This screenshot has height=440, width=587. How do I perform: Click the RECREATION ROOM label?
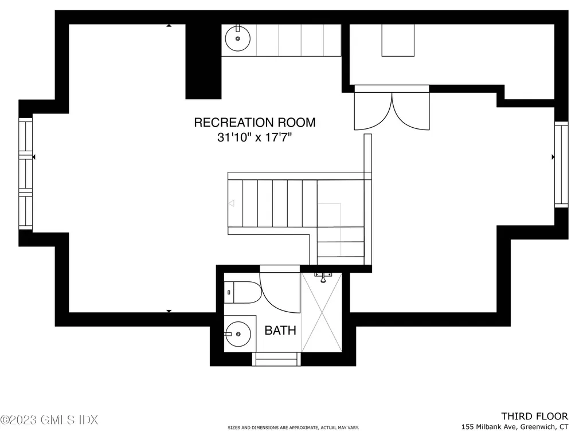pyautogui.click(x=255, y=122)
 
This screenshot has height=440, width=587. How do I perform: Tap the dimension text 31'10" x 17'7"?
pyautogui.click(x=255, y=137)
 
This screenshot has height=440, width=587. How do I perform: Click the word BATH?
pyautogui.click(x=280, y=331)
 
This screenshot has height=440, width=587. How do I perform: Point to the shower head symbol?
pyautogui.click(x=323, y=277)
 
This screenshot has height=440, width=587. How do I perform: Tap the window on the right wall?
pyautogui.click(x=561, y=164)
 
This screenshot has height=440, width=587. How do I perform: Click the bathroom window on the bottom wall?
pyautogui.click(x=277, y=359)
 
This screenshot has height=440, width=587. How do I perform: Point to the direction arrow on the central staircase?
pyautogui.click(x=232, y=203)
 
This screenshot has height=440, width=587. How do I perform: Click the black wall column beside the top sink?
pyautogui.click(x=203, y=61)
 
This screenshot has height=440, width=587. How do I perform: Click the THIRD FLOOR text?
pyautogui.click(x=534, y=416)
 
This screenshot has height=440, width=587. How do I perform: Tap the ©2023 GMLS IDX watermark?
pyautogui.click(x=49, y=420)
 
